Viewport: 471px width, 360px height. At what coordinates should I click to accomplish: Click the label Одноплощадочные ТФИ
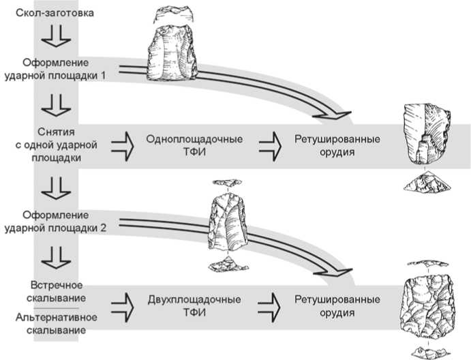(196, 145)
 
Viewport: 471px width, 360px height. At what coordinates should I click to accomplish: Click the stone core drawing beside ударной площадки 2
(228, 222)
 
